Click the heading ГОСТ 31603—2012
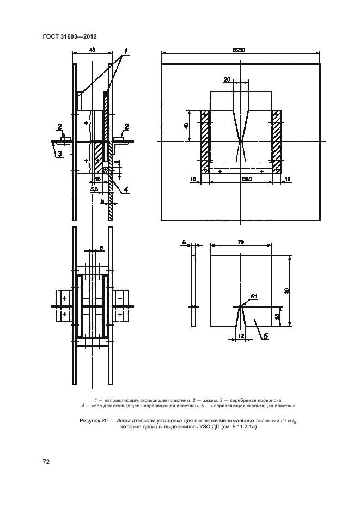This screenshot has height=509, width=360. [63, 36]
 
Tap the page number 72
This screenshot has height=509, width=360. [46, 462]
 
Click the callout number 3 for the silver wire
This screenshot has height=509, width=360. [60, 154]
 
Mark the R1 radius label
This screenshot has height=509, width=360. [254, 297]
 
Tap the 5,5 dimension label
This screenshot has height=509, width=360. [94, 188]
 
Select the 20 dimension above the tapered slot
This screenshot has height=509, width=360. [227, 79]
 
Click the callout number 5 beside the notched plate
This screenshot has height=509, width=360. [266, 336]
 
